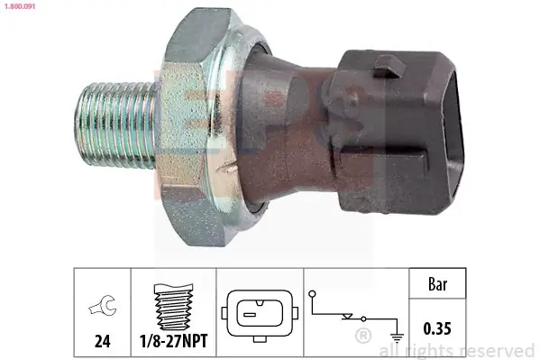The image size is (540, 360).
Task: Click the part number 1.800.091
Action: point(19,6)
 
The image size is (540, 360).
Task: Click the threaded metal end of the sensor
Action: point(115,125)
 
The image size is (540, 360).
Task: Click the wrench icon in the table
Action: point(103,304)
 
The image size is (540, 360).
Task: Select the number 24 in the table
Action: point(102,341)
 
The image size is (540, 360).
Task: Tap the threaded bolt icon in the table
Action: point(174,307)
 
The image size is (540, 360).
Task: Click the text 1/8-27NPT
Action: point(174,341)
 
